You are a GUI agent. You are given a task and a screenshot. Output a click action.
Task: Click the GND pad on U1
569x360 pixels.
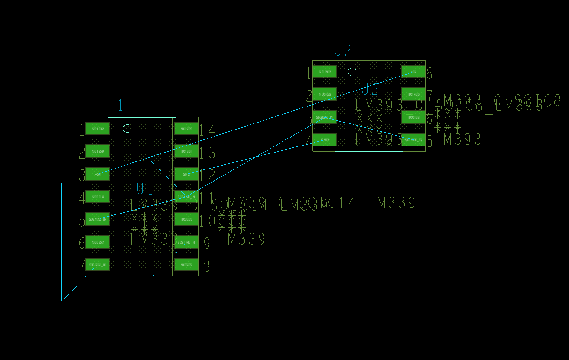click(x=186, y=174)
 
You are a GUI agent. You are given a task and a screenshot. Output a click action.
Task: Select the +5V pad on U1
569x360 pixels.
click(x=97, y=174)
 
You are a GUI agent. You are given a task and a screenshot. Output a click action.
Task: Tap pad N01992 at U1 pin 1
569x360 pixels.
click(x=97, y=129)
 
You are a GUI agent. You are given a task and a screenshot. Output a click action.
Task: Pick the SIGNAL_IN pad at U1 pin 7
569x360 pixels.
click(x=97, y=265)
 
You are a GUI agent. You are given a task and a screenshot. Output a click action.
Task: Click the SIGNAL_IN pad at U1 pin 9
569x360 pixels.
click(x=186, y=243)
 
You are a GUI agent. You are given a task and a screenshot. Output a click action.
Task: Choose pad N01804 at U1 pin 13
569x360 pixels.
click(x=186, y=151)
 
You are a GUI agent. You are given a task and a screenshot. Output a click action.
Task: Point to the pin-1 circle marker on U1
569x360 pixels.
click(x=127, y=129)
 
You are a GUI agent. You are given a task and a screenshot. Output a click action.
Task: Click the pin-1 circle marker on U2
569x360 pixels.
click(x=352, y=72)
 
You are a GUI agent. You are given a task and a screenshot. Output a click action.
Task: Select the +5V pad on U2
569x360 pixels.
click(x=414, y=72)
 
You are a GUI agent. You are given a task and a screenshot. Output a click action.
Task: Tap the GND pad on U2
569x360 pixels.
click(x=324, y=140)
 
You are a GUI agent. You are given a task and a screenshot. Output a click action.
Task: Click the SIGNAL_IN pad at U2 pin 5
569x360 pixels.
click(x=414, y=140)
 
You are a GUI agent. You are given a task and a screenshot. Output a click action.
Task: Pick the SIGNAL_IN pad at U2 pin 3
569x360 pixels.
click(x=324, y=117)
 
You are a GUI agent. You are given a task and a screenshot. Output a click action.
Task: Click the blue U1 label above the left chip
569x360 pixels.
click(x=115, y=105)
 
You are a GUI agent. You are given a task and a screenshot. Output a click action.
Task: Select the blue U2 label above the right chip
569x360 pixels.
click(x=342, y=51)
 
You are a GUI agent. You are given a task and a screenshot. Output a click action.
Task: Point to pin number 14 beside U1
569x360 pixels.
click(x=208, y=130)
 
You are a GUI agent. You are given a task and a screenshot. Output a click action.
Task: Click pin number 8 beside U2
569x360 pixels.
click(x=429, y=73)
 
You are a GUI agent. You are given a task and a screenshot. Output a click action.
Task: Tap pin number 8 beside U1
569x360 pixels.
click(x=207, y=267)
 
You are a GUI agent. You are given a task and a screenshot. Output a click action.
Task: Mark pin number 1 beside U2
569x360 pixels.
click(x=308, y=73)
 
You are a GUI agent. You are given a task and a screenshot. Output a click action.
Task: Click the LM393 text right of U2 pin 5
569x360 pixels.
click(x=458, y=139)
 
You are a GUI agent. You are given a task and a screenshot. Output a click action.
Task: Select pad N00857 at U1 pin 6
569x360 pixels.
click(x=97, y=243)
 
